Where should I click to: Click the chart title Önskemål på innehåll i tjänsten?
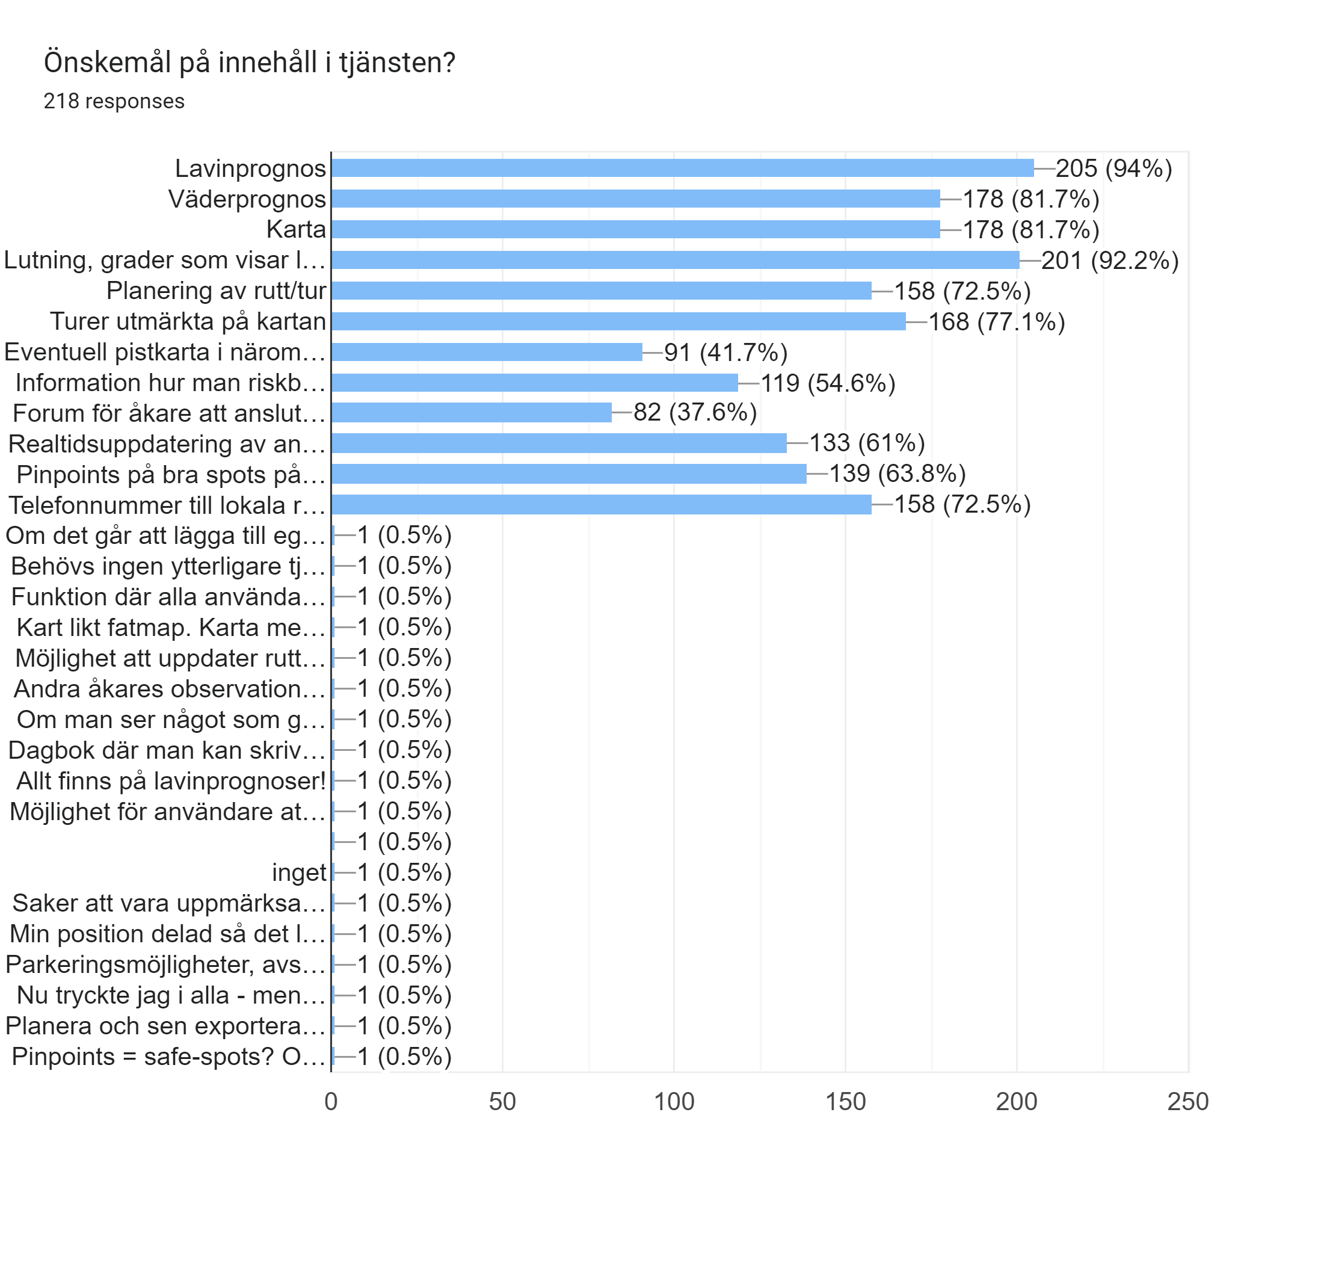tap(250, 63)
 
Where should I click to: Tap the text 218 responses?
tap(114, 101)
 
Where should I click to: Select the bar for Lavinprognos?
tap(682, 168)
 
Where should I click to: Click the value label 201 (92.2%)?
tap(1109, 260)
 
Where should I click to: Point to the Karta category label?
tap(296, 229)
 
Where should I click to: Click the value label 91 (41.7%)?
tap(725, 352)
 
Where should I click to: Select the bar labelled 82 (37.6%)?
tap(471, 413)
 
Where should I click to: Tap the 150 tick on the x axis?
tap(845, 1101)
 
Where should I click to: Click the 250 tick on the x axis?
tap(1187, 1101)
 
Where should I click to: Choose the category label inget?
tap(298, 872)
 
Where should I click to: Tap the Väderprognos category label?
tap(247, 199)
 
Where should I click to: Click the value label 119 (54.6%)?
tap(828, 383)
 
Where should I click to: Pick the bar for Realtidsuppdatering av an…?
tap(559, 443)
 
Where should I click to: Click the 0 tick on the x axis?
tap(331, 1101)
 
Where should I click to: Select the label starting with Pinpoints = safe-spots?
tap(168, 1056)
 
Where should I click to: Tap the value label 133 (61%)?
tap(867, 443)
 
